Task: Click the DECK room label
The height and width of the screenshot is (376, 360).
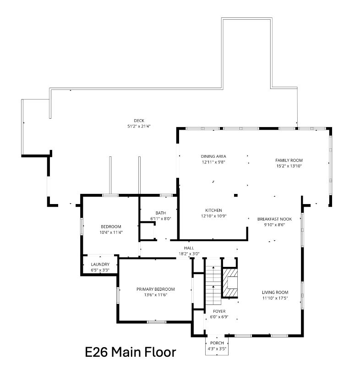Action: (x=139, y=121)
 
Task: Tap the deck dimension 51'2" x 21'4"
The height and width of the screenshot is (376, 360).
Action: (x=139, y=126)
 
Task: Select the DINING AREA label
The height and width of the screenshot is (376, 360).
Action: (x=213, y=156)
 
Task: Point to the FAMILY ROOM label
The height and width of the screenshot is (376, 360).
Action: (x=289, y=160)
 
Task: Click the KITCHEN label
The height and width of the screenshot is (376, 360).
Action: (x=213, y=210)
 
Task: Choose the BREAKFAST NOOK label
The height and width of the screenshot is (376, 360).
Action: (x=274, y=219)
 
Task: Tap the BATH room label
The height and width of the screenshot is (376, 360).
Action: (x=161, y=213)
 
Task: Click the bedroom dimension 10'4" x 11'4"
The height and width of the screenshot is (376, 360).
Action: (x=111, y=232)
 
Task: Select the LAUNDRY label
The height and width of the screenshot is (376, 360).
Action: (x=100, y=264)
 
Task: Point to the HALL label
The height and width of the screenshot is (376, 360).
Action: (x=189, y=248)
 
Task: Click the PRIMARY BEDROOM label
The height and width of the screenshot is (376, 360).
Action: (x=156, y=289)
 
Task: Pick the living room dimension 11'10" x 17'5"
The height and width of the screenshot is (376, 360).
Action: (x=275, y=298)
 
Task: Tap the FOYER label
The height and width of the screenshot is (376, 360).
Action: (x=219, y=311)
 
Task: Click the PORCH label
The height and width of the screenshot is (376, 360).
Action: (x=217, y=343)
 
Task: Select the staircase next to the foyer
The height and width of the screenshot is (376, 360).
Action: (x=213, y=285)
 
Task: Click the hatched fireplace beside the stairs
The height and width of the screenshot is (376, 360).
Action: (x=230, y=283)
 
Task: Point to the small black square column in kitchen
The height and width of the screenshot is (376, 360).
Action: (x=236, y=195)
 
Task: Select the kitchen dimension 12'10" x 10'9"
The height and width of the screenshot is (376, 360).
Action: (x=213, y=216)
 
